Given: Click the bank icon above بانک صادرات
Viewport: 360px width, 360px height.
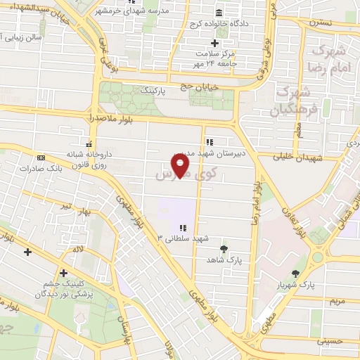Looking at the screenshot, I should [41, 157].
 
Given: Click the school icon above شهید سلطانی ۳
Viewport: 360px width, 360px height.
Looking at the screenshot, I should [183, 228].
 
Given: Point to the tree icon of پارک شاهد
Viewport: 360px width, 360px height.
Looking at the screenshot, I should [224, 249].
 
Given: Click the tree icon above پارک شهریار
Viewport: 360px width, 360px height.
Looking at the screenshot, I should [296, 274].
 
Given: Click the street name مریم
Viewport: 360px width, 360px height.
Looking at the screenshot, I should [337, 300].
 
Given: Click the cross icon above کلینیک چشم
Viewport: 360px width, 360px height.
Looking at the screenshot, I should [63, 273].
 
